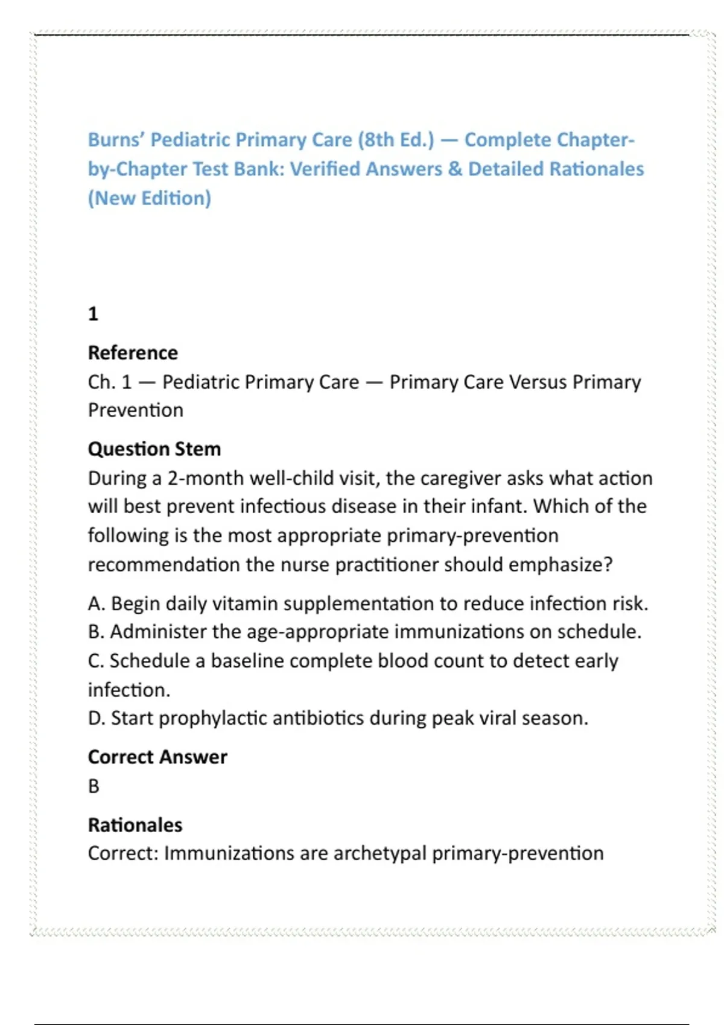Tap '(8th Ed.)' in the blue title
point(396,140)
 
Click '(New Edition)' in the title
point(150,198)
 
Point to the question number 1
point(93,314)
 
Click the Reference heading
point(133,353)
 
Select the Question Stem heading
point(154,449)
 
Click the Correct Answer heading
point(157,757)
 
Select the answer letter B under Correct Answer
point(94,786)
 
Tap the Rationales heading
point(135,825)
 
